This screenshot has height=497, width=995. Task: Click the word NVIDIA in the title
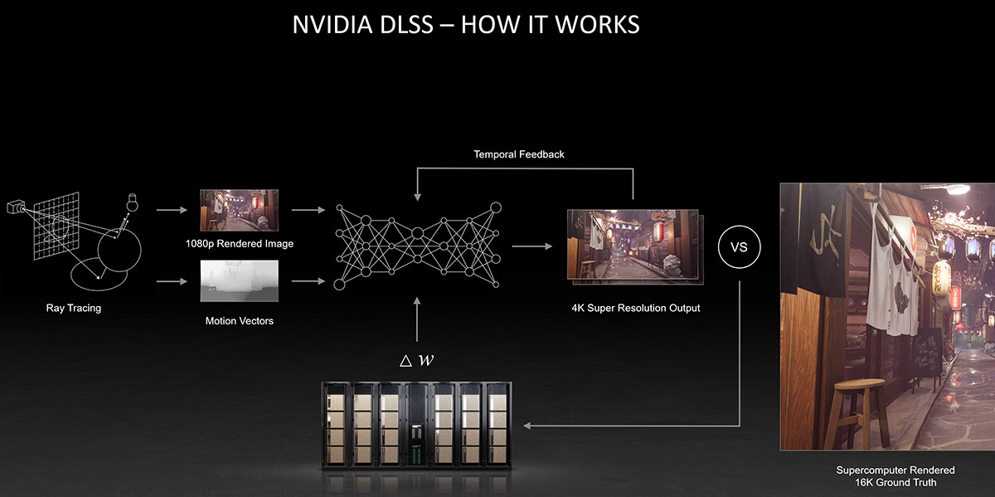click(332, 24)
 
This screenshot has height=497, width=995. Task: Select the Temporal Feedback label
click(519, 154)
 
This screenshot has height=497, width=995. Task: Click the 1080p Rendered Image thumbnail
click(239, 210)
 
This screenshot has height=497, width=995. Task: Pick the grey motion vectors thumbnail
click(239, 281)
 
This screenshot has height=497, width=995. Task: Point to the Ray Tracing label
click(74, 308)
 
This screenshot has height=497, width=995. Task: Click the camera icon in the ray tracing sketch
click(16, 207)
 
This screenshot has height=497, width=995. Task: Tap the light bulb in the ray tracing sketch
click(132, 202)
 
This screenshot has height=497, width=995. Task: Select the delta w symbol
click(416, 360)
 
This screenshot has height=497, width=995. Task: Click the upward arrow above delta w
click(416, 319)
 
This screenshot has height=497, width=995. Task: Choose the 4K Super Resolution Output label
click(636, 308)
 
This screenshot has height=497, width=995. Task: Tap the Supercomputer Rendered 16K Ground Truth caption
click(895, 476)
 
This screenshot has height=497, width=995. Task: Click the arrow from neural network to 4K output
click(532, 246)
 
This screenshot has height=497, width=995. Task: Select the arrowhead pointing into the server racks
click(527, 426)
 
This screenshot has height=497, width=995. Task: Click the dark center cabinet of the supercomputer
click(416, 426)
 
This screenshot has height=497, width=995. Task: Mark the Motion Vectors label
click(239, 321)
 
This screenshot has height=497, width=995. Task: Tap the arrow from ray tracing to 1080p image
click(172, 210)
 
